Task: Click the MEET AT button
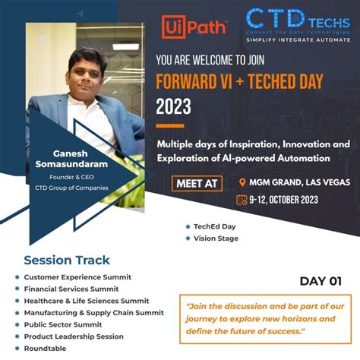click(x=200, y=182)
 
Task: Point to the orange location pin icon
click(x=242, y=182)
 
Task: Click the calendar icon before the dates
click(x=241, y=200)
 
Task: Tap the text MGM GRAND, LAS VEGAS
click(x=295, y=182)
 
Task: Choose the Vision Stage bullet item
click(x=216, y=238)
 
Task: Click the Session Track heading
click(x=67, y=260)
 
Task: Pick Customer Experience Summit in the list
click(x=77, y=277)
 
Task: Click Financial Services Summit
click(x=71, y=289)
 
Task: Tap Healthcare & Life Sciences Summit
click(x=87, y=301)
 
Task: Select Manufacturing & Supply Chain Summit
click(x=93, y=312)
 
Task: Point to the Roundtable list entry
click(x=46, y=348)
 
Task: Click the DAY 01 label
click(x=320, y=280)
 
